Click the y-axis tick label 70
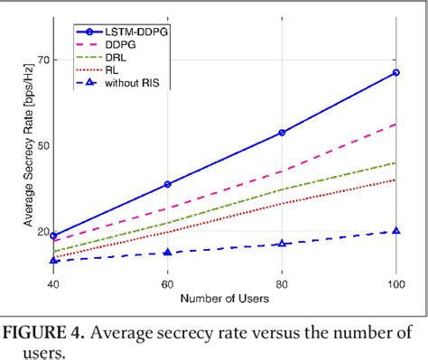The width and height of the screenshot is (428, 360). coord(43,60)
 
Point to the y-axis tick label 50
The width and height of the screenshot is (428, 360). coord(43,145)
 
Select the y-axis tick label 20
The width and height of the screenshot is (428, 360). coord(43,231)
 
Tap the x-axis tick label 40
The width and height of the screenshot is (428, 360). coord(54,283)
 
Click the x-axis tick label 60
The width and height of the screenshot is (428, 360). coord(168,283)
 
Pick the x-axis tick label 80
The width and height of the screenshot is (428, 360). coord(282,283)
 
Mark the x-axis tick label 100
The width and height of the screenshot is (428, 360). coord(394,283)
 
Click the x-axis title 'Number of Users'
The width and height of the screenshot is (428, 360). coord(225,298)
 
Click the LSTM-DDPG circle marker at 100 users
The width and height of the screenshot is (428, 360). coord(395,72)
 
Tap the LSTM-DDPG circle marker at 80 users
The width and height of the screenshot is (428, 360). coord(282,133)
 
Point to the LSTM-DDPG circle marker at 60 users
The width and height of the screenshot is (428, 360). coord(168,184)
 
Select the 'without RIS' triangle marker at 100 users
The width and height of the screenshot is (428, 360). coord(395,231)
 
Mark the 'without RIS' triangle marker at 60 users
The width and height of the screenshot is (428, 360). coord(168,253)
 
